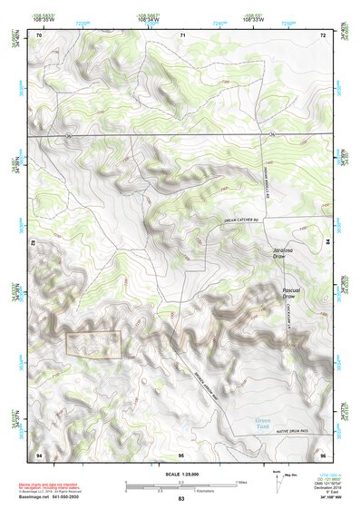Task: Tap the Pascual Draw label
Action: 289,292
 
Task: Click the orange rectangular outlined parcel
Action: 93,342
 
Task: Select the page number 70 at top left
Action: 39,35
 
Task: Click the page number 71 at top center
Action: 182,35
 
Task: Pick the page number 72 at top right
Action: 322,35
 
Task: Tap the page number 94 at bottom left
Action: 39,453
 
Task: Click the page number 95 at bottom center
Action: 182,453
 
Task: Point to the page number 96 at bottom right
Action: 322,453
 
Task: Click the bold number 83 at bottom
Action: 181,500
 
